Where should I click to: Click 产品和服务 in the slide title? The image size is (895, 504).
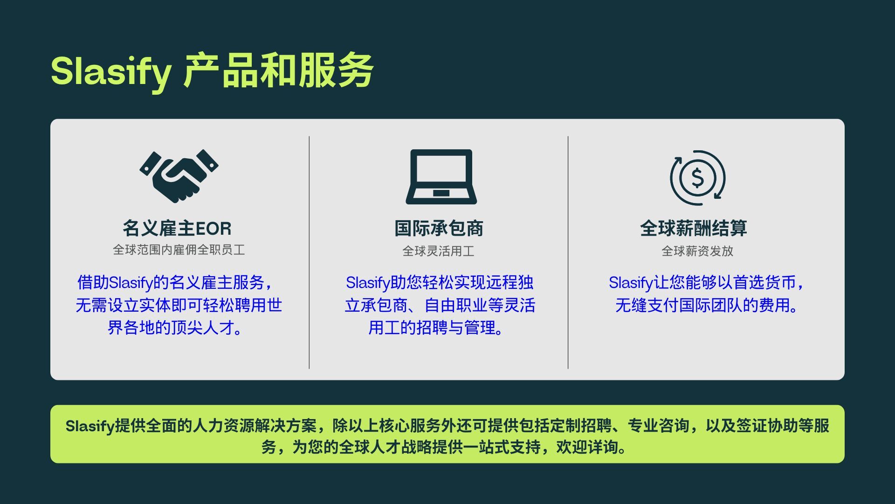coord(278,71)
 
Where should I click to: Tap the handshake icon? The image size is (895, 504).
coord(179,176)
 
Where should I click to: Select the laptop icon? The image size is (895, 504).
coord(441,176)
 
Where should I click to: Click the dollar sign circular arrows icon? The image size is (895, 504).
coord(698,177)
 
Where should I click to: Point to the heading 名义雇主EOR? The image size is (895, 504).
coord(177,228)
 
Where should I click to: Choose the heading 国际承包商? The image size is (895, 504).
coord(439,228)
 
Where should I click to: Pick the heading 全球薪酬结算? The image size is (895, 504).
coord(694,228)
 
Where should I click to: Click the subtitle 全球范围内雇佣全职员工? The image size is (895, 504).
coord(179,250)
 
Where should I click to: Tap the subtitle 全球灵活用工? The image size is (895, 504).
coord(439,251)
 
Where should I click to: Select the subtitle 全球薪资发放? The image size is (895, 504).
coord(698,251)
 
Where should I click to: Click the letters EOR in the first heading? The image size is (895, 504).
coord(213,229)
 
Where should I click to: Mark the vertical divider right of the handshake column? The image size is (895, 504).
coord(309,252)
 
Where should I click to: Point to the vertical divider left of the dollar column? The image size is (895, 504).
coord(568,252)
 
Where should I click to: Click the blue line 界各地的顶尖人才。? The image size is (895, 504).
coord(175,328)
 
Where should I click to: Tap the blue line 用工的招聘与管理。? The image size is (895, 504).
coord(436,328)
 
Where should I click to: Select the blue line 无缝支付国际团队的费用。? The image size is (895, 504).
coord(706,305)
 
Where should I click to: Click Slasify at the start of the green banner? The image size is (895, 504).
coord(90,426)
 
